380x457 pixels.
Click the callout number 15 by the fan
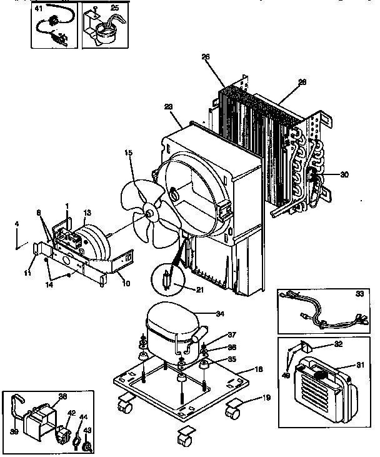tap(129, 153)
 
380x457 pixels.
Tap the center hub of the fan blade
tap(151, 214)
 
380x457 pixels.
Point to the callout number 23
tap(169, 106)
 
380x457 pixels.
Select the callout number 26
tap(206, 57)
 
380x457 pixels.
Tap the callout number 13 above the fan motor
tap(87, 213)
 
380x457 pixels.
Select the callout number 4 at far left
tap(17, 223)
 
